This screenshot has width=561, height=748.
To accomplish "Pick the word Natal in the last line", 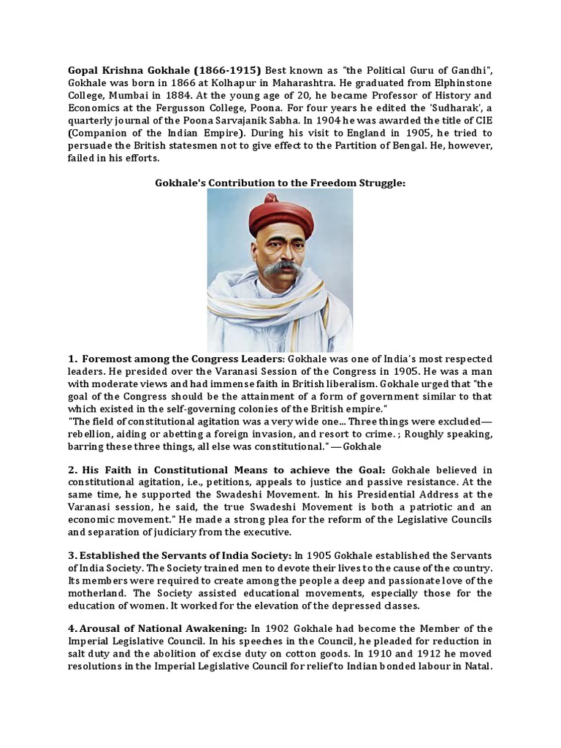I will (475, 666).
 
